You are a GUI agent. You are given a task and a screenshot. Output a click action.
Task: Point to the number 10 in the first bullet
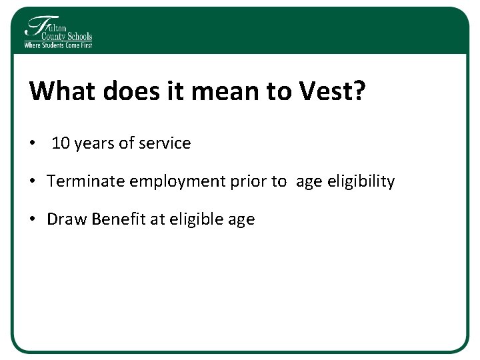pyautogui.click(x=61, y=143)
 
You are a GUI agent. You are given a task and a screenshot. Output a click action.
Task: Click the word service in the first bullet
pyautogui.click(x=165, y=143)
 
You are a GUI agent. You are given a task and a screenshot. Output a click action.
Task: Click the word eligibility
pyautogui.click(x=361, y=181)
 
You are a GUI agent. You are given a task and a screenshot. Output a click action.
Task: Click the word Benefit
pyautogui.click(x=115, y=219)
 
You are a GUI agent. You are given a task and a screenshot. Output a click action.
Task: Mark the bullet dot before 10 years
pyautogui.click(x=33, y=144)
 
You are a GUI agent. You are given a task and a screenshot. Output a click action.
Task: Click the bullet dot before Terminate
pyautogui.click(x=33, y=182)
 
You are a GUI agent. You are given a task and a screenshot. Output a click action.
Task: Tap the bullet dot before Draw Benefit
pyautogui.click(x=33, y=220)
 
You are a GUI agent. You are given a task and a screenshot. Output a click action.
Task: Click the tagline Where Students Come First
pyautogui.click(x=58, y=45)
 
